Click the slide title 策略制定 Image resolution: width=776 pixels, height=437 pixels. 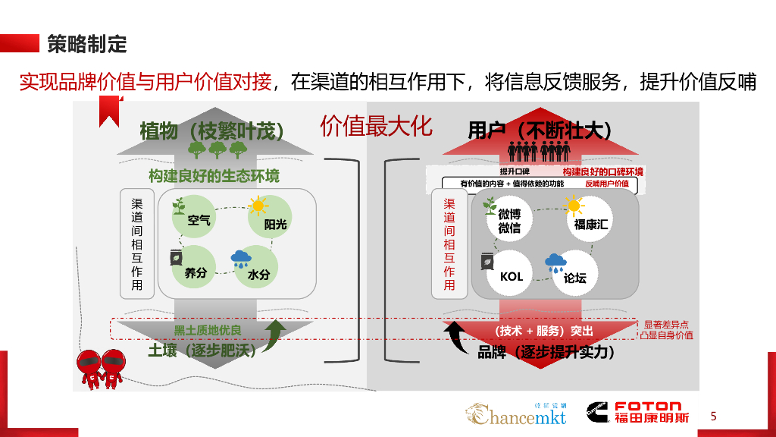click(x=87, y=43)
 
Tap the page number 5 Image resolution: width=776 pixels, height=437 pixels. click(x=713, y=417)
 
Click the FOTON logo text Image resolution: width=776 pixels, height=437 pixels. click(x=648, y=407)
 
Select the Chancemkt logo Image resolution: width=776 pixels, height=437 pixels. click(x=515, y=414)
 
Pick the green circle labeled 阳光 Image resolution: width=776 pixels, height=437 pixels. click(x=269, y=218)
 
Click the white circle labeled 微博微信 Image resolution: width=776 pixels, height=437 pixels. click(x=508, y=219)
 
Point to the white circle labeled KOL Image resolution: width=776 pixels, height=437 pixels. click(x=512, y=274)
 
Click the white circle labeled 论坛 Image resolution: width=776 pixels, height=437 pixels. click(x=575, y=275)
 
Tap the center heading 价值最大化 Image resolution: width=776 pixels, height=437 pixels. click(x=376, y=127)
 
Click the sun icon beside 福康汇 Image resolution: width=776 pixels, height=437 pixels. click(x=574, y=204)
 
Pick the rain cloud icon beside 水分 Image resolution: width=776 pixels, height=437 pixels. click(x=241, y=259)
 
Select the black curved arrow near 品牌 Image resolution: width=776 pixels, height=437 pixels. click(x=460, y=339)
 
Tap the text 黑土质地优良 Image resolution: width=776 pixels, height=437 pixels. click(x=207, y=330)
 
